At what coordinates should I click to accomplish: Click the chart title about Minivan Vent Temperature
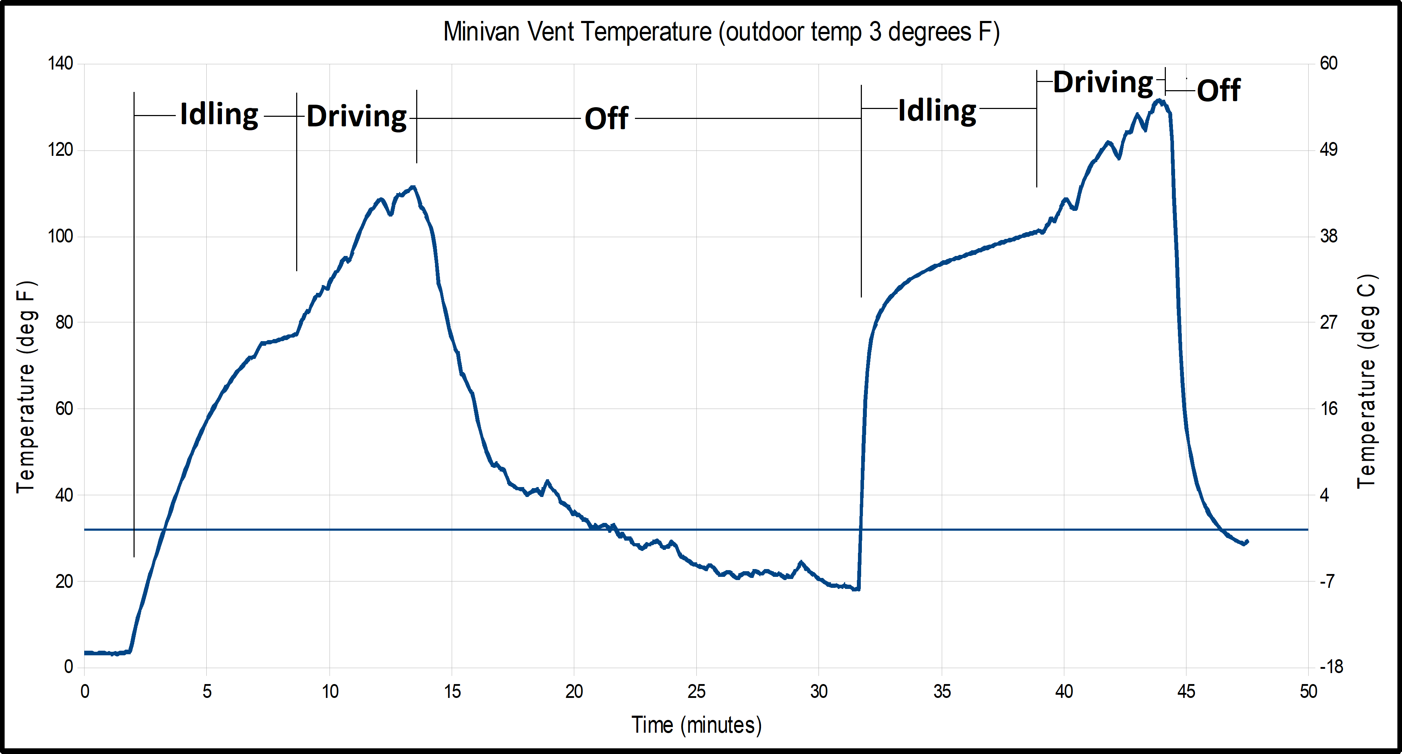point(721,32)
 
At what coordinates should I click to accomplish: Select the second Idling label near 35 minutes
point(937,111)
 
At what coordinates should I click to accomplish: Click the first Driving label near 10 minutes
point(357,116)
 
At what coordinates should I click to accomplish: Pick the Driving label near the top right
point(1103,83)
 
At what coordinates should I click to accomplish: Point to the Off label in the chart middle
point(606,119)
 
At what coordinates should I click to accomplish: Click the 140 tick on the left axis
point(60,64)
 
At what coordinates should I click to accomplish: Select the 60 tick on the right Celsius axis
point(1328,64)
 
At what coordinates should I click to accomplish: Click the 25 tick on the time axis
point(696,692)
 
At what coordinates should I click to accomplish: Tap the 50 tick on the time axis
point(1308,692)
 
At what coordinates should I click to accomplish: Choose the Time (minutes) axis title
point(696,725)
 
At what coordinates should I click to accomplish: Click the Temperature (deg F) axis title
point(26,387)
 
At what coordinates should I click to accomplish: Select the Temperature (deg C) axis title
point(1366,381)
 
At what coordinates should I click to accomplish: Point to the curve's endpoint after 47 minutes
point(1246,542)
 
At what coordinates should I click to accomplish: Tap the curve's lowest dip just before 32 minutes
point(857,589)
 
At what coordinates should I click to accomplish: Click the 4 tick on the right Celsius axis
point(1324,495)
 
